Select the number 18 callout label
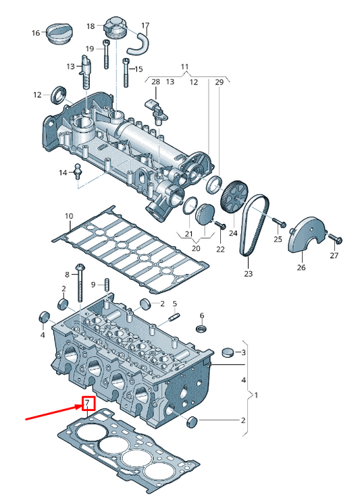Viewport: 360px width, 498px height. [x=91, y=26]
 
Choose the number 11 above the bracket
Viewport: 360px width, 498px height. [x=184, y=66]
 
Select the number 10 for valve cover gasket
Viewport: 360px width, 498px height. [x=69, y=216]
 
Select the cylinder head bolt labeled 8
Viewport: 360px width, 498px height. [x=80, y=283]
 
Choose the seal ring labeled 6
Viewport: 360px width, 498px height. [x=201, y=328]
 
